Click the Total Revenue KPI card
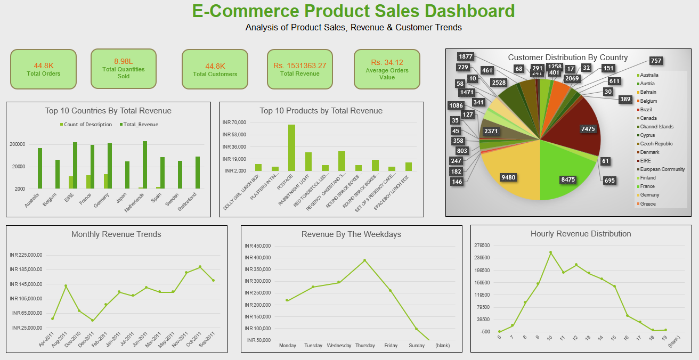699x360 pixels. coord(299,69)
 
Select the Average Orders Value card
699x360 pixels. coord(387,69)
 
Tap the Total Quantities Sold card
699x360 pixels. coord(123,69)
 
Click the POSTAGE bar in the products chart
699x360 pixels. coord(291,148)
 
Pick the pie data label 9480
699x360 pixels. coord(508,177)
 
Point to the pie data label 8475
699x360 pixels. coord(568,179)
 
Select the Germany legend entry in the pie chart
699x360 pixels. coord(649,195)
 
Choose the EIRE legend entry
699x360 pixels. coord(646,161)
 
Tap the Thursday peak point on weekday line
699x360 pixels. coord(365,260)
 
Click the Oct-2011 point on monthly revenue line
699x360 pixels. coord(200,267)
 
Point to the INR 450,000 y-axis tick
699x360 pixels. coord(258,246)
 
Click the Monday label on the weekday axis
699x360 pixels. coord(287,346)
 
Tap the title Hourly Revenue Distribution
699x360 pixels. coord(581,234)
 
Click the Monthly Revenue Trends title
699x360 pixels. coord(116,234)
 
